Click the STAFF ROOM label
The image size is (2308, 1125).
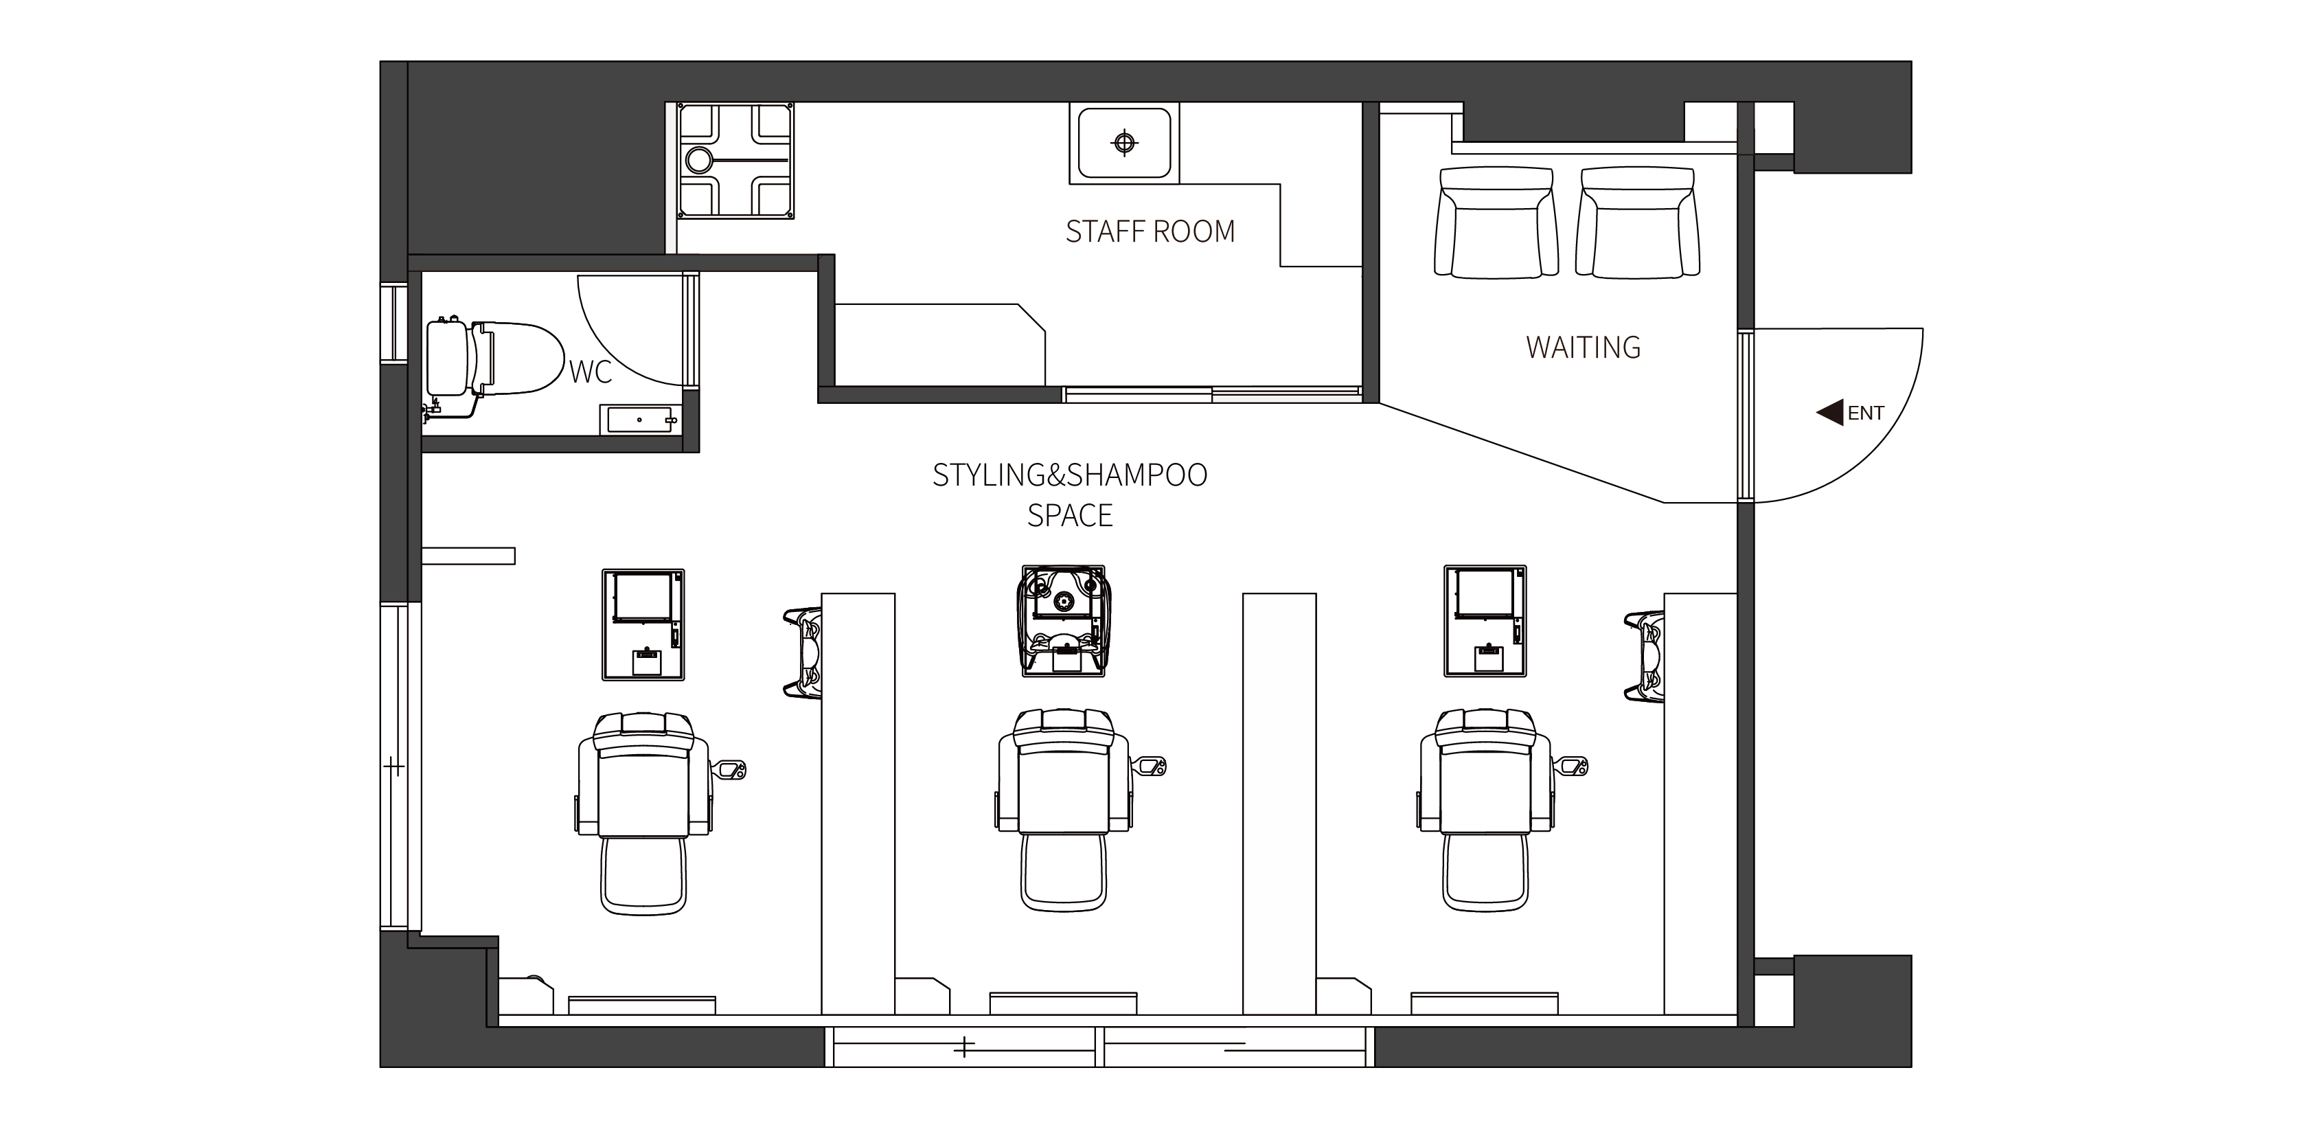coord(1150,231)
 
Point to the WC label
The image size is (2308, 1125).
coord(591,371)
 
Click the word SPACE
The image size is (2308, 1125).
coord(1070,515)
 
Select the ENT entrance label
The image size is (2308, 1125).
coord(1866,413)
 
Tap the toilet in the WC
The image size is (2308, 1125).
coord(494,359)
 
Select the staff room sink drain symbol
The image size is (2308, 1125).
coord(1124,143)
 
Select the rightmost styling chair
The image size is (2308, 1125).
coord(1485,810)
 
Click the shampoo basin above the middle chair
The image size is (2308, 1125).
coord(1064,620)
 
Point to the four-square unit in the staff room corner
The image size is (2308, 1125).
coord(735,161)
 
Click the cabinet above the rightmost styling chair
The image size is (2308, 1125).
coord(1485,620)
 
